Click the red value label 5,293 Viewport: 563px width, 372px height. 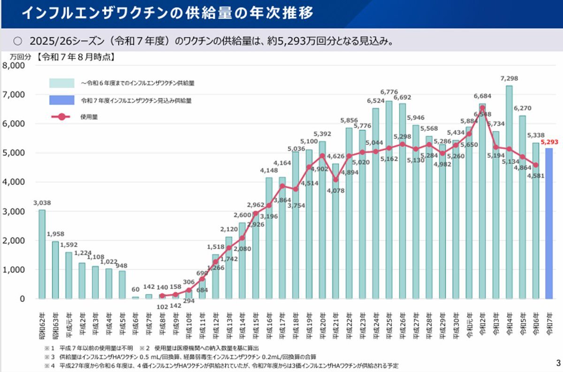click(549, 141)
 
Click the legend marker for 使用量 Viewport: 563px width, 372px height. click(61, 117)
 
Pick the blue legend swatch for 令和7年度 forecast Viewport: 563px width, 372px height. click(61, 100)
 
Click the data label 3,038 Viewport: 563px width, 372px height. click(42, 203)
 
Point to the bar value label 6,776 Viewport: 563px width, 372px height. click(389, 92)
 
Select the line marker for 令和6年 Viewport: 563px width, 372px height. click(535, 165)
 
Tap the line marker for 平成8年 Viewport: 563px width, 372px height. click(162, 296)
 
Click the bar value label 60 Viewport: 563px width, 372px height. click(136, 290)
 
